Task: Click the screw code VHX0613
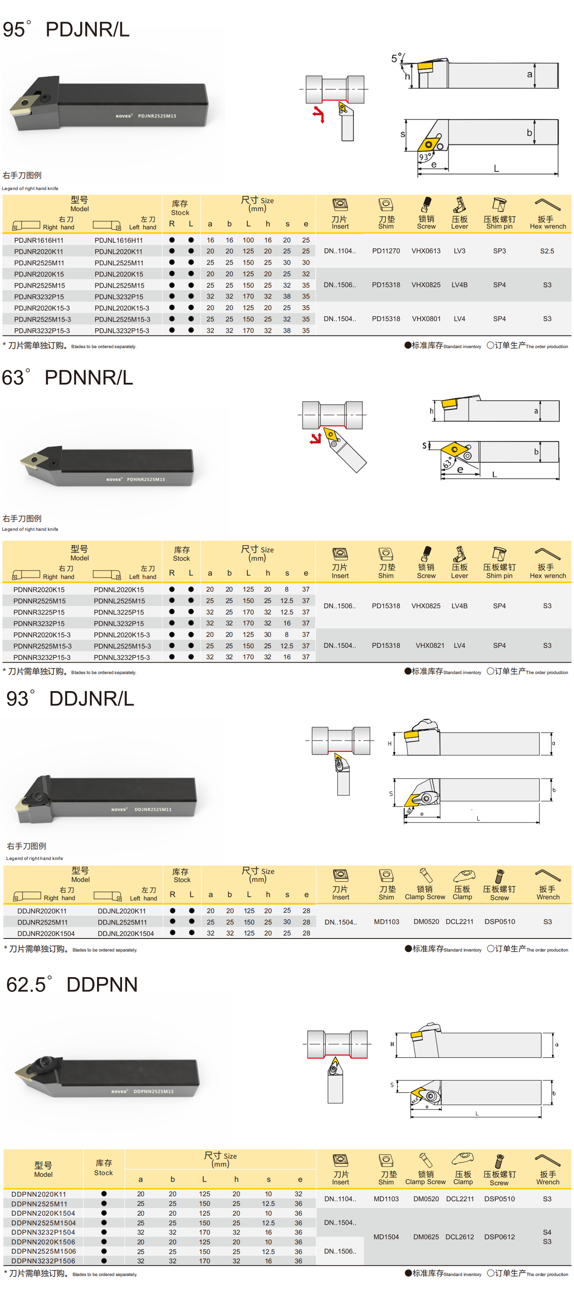[426, 251]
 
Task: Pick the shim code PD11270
[386, 251]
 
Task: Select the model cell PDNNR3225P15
[39, 612]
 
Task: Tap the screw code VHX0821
[430, 646]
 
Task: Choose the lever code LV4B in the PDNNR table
[459, 606]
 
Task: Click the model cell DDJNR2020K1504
[46, 933]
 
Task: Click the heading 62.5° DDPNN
[72, 984]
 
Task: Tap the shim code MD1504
[386, 1237]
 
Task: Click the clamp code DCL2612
[459, 1237]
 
